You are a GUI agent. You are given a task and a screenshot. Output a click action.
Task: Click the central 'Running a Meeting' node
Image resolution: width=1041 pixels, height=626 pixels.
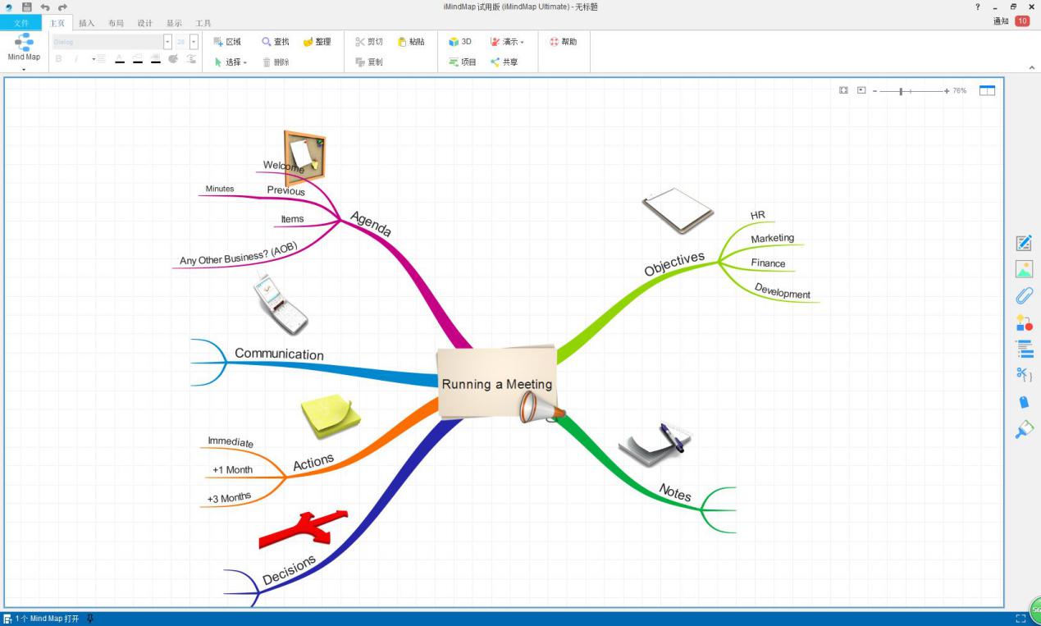point(496,383)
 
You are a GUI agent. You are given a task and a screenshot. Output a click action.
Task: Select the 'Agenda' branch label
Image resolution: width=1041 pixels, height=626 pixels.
point(371,223)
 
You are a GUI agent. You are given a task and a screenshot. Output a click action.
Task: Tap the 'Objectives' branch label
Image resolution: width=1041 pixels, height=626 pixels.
point(673,263)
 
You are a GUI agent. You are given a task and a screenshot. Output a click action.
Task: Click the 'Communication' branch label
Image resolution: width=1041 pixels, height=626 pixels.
point(279,354)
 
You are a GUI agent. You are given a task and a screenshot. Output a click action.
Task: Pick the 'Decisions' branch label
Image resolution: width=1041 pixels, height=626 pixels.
point(289,569)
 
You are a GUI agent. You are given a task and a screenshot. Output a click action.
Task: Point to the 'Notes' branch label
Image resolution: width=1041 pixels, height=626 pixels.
point(675,492)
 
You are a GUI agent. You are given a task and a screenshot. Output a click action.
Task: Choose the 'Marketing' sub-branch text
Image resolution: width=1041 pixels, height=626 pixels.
point(772,238)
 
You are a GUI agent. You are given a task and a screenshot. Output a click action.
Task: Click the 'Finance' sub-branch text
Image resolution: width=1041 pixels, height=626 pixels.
point(768,263)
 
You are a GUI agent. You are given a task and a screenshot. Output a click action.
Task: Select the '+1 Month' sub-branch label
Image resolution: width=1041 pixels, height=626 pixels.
point(232,470)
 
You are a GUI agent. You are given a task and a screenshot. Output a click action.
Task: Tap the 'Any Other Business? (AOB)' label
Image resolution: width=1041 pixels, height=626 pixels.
point(238,254)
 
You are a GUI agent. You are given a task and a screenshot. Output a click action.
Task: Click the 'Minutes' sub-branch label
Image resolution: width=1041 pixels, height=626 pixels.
point(220,189)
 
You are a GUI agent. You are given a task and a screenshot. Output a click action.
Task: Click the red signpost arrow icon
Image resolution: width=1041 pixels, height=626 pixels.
point(304,528)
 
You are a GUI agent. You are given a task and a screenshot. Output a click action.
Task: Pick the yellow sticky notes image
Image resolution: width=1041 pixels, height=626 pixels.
point(330,415)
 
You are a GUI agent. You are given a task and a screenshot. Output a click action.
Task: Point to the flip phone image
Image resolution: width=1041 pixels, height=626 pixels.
point(279,304)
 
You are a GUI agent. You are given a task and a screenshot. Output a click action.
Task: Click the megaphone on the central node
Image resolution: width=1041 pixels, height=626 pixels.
point(541,406)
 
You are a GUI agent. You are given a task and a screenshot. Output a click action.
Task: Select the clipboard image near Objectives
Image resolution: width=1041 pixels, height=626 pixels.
point(678,209)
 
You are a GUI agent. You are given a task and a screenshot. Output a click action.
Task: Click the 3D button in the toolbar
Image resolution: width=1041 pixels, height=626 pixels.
point(460,42)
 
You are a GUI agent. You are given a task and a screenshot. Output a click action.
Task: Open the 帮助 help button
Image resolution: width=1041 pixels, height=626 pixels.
point(563,42)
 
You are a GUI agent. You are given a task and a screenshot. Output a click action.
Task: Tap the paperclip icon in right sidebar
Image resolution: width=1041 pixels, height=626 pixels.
point(1024,295)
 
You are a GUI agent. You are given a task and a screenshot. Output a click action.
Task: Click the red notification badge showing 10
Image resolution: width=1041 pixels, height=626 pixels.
point(1022,21)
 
